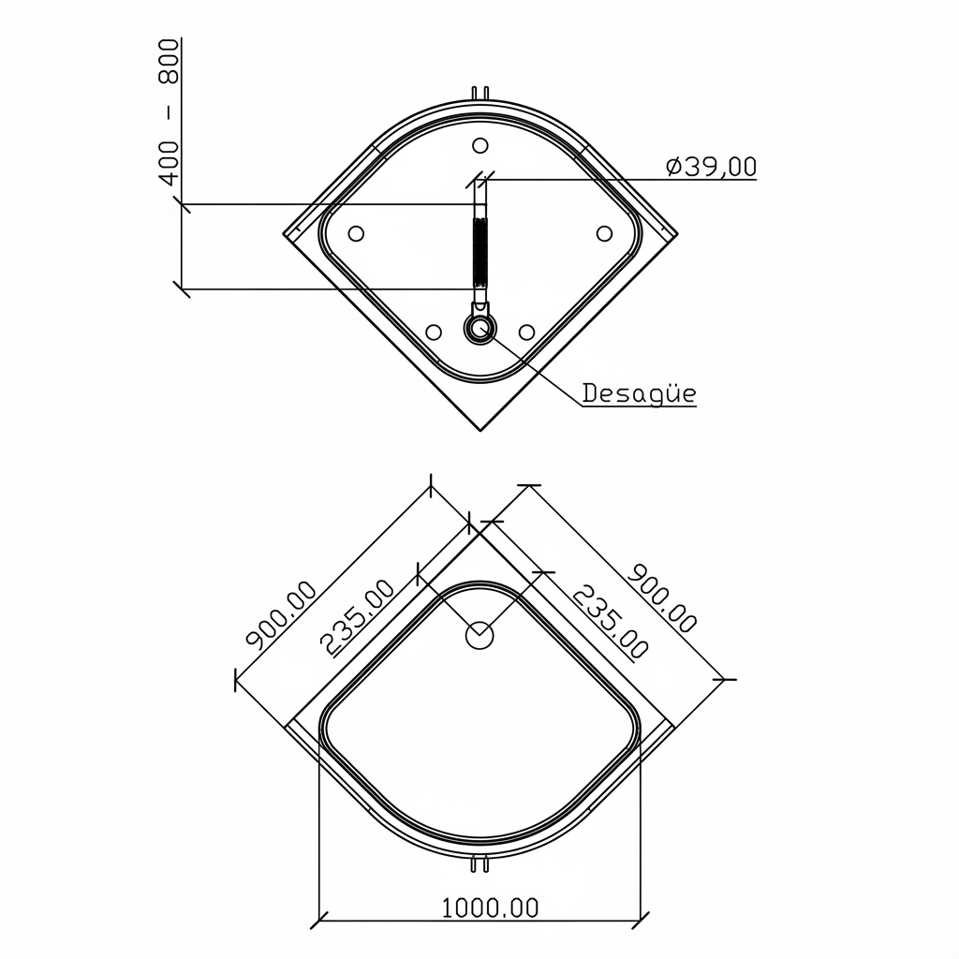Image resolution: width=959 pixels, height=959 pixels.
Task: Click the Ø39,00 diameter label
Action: (x=711, y=167)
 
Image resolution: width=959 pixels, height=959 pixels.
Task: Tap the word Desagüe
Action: (x=639, y=393)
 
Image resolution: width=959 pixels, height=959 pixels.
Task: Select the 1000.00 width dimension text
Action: (x=490, y=908)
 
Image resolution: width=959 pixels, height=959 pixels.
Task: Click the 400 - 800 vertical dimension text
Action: (x=169, y=111)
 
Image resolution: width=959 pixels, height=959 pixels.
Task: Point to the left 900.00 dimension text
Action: (x=281, y=613)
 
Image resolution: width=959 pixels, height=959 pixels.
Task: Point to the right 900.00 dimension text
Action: (x=662, y=598)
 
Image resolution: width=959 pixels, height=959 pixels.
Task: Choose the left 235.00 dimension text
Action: (x=358, y=618)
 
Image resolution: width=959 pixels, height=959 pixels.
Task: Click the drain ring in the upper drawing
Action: (x=480, y=329)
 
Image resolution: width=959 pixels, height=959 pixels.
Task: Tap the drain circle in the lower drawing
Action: (x=479, y=636)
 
